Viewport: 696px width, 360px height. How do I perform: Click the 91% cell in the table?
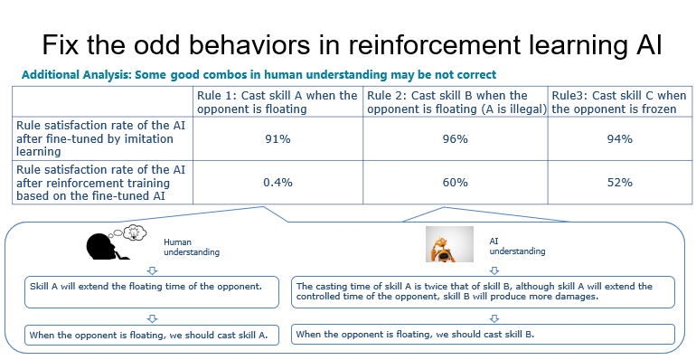coord(277,139)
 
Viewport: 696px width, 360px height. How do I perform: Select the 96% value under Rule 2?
coord(455,139)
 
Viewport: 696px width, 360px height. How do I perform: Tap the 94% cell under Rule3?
coord(620,139)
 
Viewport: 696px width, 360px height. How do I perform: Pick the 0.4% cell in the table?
coord(277,182)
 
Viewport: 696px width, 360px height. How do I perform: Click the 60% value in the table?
coord(455,182)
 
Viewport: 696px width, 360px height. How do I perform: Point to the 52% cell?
coord(620,182)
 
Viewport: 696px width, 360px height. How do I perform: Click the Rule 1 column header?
coord(277,102)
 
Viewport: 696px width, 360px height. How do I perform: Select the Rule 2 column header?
coord(456,102)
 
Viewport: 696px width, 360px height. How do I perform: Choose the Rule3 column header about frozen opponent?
coord(619,102)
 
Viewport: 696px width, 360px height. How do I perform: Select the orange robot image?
coord(449,244)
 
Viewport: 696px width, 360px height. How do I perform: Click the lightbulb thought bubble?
coord(135,232)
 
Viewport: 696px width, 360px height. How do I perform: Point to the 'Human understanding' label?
coord(192,247)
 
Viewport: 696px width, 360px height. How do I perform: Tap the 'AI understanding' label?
coord(517,246)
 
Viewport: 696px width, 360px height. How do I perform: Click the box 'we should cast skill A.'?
coord(152,335)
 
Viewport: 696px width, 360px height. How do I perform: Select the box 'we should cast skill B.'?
coord(483,335)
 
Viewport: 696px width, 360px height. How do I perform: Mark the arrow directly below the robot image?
coord(494,270)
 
